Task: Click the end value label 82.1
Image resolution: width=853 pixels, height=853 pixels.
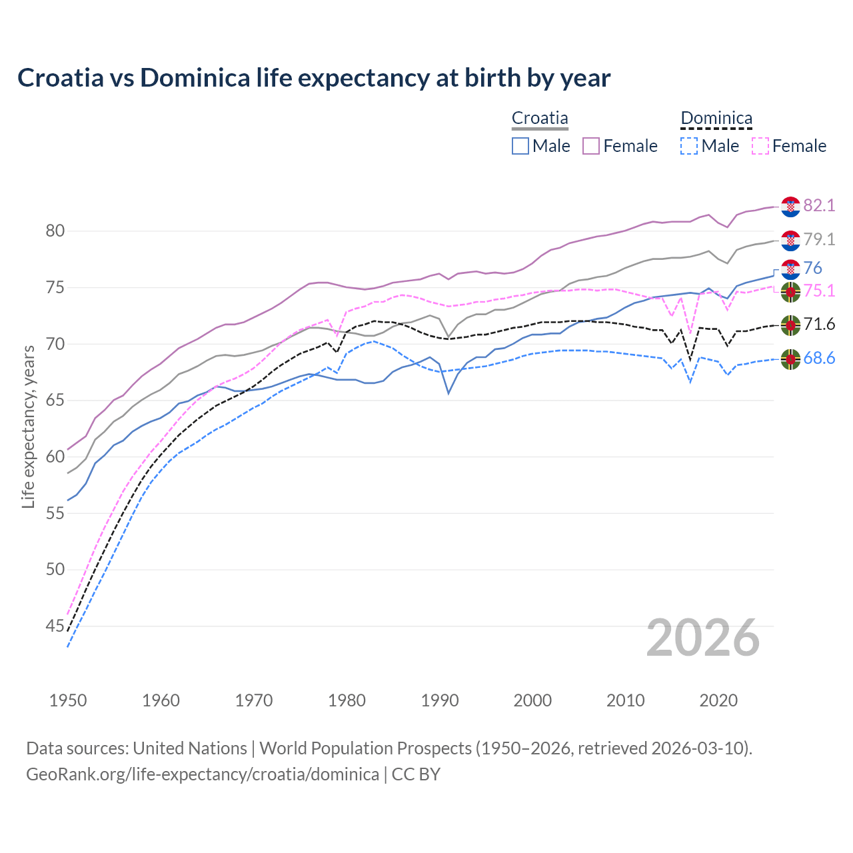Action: click(x=819, y=205)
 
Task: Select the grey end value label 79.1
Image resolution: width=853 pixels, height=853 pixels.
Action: click(x=819, y=239)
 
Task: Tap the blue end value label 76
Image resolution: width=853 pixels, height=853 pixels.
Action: click(x=812, y=268)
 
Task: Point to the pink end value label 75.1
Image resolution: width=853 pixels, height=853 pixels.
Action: click(x=819, y=291)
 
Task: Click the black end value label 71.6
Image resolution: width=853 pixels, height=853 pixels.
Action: click(x=819, y=325)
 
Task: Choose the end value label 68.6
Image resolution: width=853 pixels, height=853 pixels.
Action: click(x=819, y=359)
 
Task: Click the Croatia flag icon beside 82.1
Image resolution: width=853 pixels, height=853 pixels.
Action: click(x=790, y=207)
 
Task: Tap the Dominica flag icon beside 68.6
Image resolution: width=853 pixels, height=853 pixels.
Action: click(x=790, y=359)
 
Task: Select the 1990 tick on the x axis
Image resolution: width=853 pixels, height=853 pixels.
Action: click(x=440, y=700)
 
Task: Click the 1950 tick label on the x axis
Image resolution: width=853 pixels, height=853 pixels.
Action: click(x=68, y=700)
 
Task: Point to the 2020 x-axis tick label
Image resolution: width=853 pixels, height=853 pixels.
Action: click(x=718, y=700)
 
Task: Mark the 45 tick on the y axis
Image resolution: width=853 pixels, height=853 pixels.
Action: click(x=55, y=626)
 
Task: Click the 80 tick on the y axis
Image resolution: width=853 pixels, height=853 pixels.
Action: click(x=55, y=231)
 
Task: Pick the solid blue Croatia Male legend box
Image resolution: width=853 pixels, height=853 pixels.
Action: click(x=520, y=146)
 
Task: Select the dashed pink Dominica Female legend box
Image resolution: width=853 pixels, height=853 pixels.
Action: click(x=760, y=146)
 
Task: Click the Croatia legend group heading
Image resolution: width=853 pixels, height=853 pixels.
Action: click(x=540, y=118)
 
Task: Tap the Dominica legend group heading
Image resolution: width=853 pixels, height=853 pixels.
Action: click(x=716, y=118)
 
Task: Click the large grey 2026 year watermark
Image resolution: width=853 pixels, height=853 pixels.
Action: click(x=703, y=638)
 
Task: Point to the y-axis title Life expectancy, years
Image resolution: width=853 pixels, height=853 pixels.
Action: click(x=28, y=426)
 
